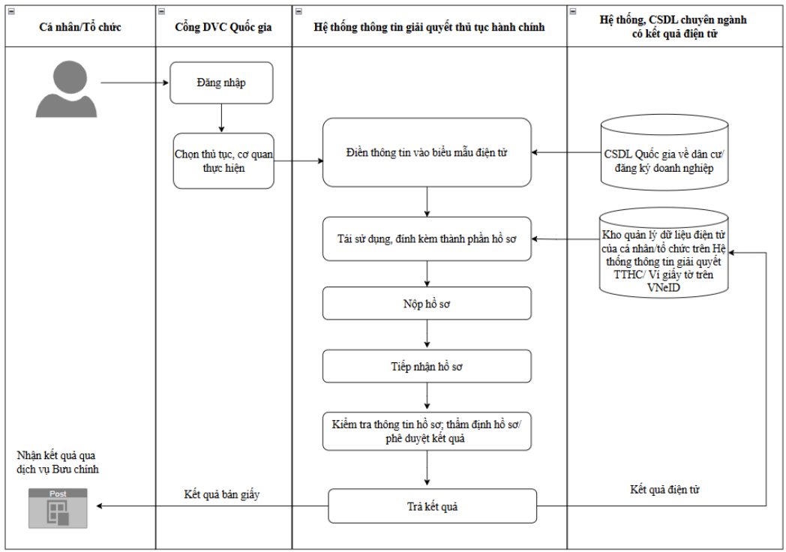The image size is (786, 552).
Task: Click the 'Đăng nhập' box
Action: (221, 82)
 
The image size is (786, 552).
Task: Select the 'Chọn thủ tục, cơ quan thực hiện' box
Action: (223, 161)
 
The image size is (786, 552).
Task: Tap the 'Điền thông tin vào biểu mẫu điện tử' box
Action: (427, 152)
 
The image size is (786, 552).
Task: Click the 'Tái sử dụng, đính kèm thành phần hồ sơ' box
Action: (427, 238)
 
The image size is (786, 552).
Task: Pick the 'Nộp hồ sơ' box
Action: (427, 303)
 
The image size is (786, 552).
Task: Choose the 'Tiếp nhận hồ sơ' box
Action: (427, 367)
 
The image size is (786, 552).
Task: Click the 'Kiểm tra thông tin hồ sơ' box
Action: (427, 431)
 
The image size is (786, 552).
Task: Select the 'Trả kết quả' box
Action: (432, 506)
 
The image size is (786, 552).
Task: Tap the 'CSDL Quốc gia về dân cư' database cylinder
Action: (664, 153)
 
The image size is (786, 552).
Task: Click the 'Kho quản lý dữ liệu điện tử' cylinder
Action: (664, 253)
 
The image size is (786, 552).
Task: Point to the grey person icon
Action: (66, 89)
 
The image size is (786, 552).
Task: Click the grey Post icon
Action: (58, 508)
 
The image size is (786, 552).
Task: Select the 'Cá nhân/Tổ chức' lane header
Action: (80, 27)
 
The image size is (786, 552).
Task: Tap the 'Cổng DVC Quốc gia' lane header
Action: (223, 27)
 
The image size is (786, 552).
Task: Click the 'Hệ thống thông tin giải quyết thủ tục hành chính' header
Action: (430, 27)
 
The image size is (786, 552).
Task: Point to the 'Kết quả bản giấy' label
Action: (222, 494)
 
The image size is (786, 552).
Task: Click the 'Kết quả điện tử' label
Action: (664, 489)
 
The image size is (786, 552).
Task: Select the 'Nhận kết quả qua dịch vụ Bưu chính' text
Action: (58, 462)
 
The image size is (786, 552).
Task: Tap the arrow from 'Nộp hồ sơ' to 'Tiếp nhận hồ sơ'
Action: (427, 334)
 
